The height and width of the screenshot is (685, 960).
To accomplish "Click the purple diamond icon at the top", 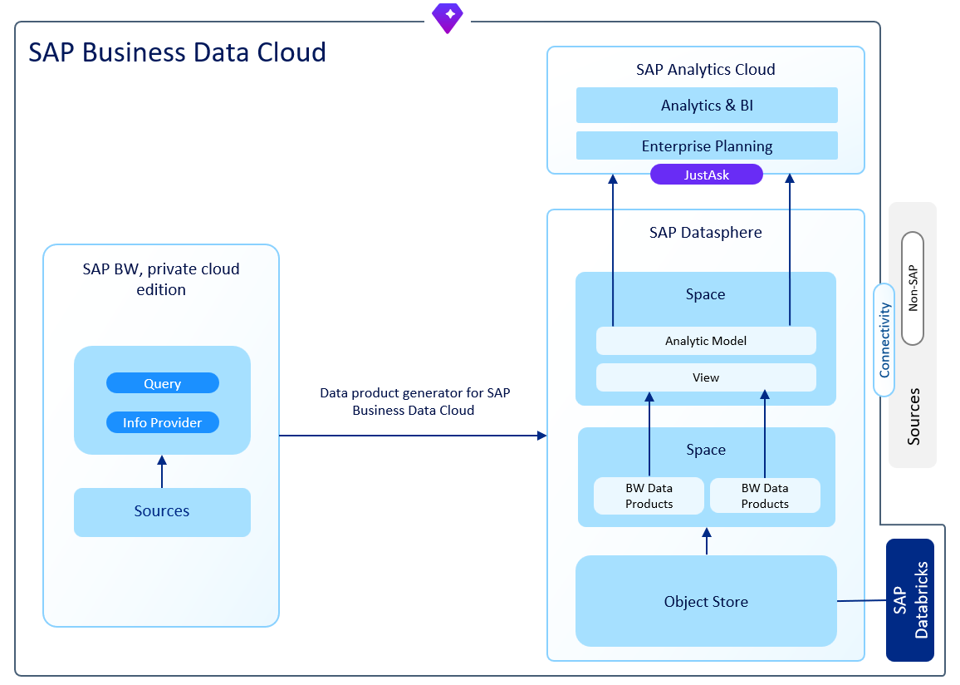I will click(448, 17).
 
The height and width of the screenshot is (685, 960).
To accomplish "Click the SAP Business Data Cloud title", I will click(177, 52).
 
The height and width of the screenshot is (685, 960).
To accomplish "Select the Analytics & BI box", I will click(707, 106).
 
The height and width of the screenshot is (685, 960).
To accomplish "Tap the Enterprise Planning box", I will click(707, 145).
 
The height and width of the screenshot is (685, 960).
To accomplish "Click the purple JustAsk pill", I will click(706, 175).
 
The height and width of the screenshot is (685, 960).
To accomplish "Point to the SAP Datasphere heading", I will click(705, 233).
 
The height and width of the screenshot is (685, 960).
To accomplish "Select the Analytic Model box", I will click(706, 341).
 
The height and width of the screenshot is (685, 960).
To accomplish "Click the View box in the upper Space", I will click(706, 377).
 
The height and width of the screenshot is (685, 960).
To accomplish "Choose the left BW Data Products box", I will click(649, 495).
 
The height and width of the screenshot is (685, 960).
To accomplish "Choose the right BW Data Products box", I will click(765, 495).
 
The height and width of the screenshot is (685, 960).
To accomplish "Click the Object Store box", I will click(706, 601).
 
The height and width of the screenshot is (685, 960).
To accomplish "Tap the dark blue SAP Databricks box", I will click(910, 600).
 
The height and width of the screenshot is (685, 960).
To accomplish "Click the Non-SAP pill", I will click(913, 288).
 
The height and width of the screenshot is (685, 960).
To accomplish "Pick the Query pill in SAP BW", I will click(163, 383).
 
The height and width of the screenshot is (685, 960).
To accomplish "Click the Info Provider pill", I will click(163, 422).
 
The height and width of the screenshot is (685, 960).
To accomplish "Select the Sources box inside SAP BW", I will click(162, 511).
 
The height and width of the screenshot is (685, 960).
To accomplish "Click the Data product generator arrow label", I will click(414, 402).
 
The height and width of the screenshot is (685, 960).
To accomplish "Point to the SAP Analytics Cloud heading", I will click(705, 70).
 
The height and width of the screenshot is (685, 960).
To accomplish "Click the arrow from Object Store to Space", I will click(707, 541).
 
